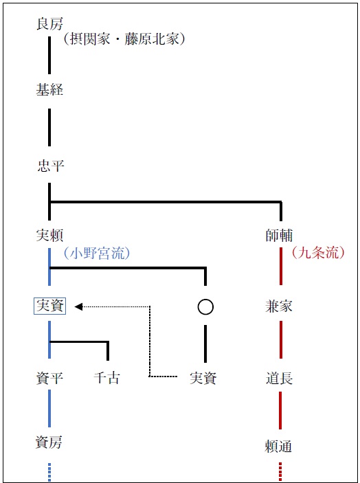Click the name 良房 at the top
49,23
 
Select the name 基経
49,90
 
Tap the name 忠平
50,166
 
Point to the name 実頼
49,236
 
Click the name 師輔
279,236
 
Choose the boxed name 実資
49,306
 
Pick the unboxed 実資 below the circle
203,378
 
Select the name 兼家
279,306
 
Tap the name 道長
280,379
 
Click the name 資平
49,378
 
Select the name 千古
107,378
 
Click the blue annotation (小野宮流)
97,254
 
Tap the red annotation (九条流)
318,253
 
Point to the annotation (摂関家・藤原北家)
124,40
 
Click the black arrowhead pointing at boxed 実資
78,306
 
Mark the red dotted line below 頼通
280,471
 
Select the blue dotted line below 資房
49,472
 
